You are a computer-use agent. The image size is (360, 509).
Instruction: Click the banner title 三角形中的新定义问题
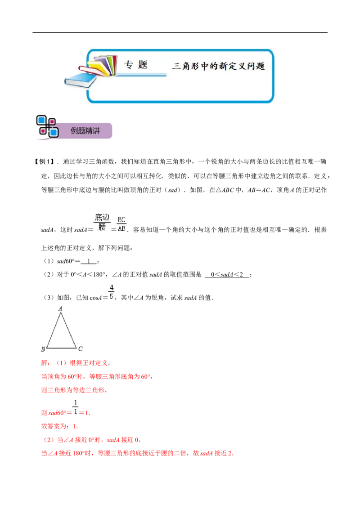point(219,66)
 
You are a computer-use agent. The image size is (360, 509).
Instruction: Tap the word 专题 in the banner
point(136,65)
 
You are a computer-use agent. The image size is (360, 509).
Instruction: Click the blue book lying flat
point(80,80)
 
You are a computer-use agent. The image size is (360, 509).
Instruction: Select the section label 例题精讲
point(85,131)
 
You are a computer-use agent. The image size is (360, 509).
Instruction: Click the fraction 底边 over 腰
point(102,223)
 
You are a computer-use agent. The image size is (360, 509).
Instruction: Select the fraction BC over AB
point(121,224)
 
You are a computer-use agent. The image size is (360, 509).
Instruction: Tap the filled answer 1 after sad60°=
point(89,261)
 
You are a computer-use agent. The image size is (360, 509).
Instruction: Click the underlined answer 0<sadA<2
point(227,275)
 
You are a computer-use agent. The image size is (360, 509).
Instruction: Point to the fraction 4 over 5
point(112,292)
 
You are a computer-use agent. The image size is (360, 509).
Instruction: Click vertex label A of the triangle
point(60,309)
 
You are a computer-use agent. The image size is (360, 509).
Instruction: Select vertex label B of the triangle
point(43,349)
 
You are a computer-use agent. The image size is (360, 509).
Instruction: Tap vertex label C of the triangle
point(80,348)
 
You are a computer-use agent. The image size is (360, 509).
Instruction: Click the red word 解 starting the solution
point(44,363)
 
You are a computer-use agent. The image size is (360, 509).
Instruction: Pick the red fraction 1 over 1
point(76,407)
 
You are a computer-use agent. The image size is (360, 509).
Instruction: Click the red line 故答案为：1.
point(59,426)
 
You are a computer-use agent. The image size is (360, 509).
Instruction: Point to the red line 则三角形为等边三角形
point(74,390)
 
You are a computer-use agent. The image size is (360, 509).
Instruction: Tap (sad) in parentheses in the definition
point(173,190)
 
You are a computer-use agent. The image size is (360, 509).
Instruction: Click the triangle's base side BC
point(61,348)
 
